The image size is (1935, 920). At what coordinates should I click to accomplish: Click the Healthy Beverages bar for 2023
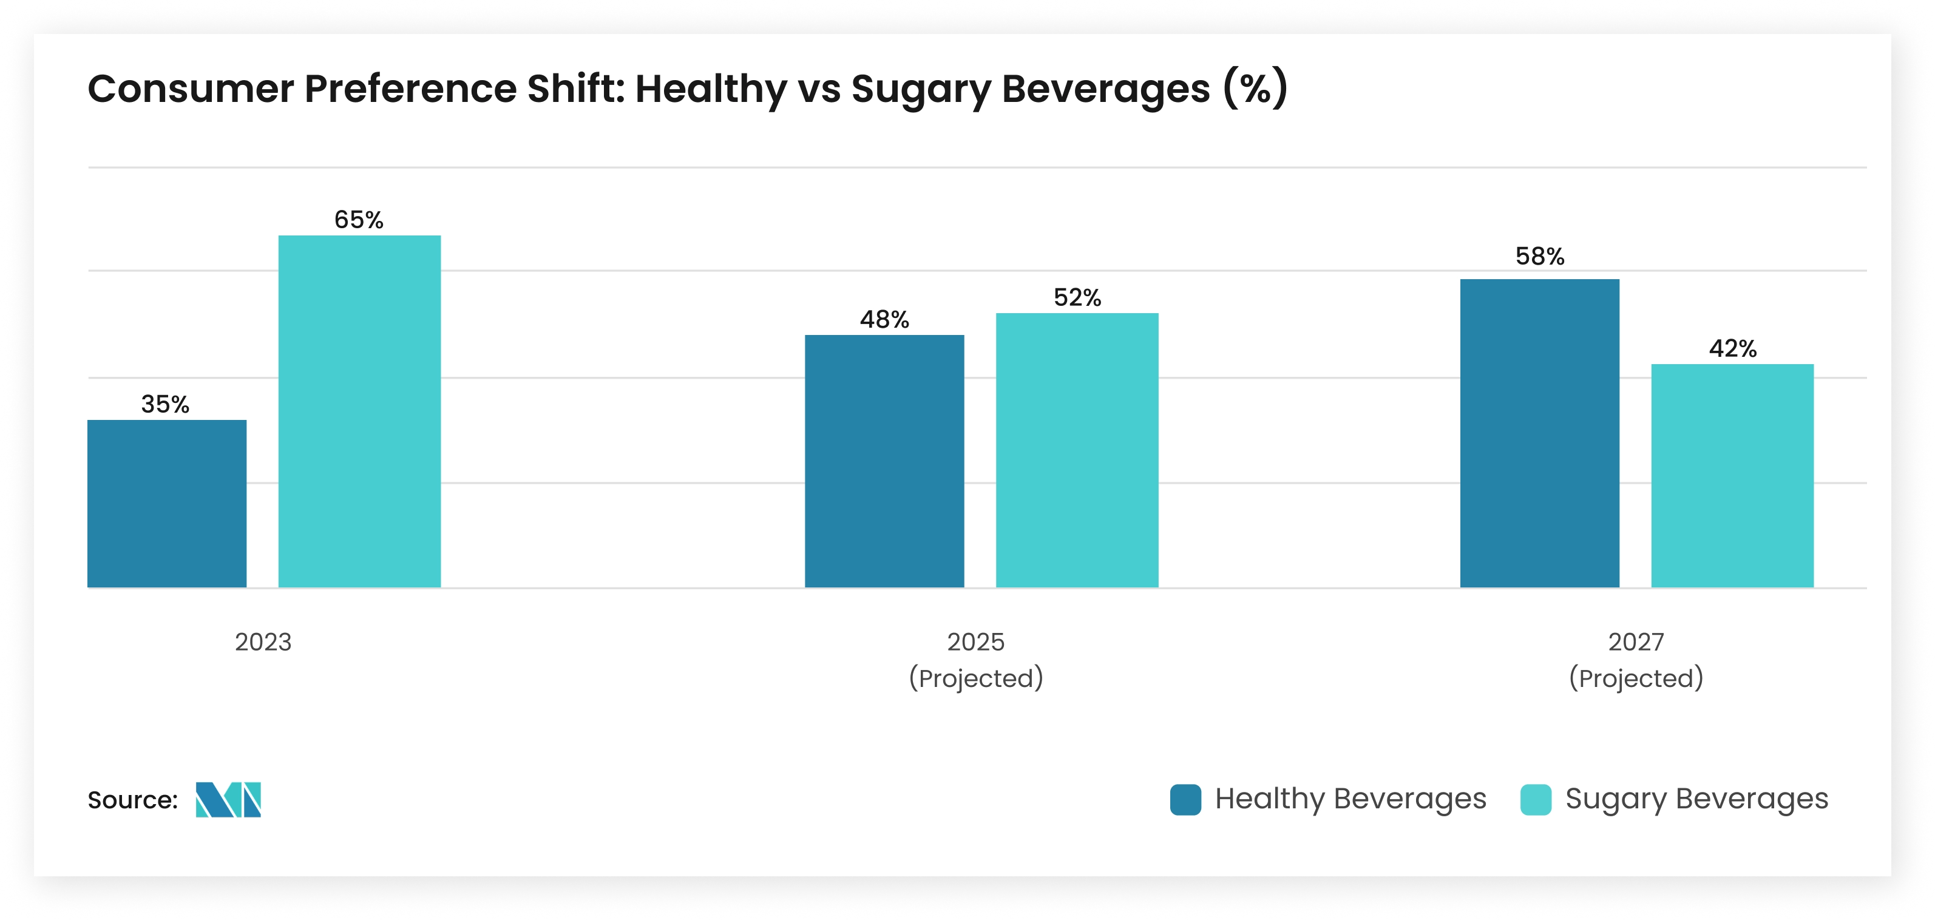(167, 503)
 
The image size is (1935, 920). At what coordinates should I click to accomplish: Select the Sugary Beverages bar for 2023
(359, 411)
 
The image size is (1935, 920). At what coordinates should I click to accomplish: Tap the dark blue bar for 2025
(884, 461)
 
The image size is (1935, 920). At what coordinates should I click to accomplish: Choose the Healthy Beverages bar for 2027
(1539, 433)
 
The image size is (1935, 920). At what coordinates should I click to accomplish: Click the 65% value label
(358, 220)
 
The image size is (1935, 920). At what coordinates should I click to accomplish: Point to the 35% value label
(165, 405)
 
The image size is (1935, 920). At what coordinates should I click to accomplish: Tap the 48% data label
(884, 320)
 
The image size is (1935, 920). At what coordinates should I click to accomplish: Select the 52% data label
(1076, 298)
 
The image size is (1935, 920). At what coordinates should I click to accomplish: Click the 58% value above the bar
(1539, 257)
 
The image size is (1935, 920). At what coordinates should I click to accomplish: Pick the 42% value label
(1732, 348)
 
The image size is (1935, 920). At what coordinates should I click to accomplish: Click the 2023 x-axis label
(263, 642)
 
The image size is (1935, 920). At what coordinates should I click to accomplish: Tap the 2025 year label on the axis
(975, 642)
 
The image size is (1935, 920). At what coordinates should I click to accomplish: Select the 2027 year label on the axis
(1635, 642)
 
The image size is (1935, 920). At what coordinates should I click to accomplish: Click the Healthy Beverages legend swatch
(1185, 799)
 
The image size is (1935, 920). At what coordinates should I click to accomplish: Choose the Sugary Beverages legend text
(1696, 799)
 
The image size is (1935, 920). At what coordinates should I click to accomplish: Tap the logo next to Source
(228, 799)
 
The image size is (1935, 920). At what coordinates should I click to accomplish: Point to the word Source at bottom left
(132, 800)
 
